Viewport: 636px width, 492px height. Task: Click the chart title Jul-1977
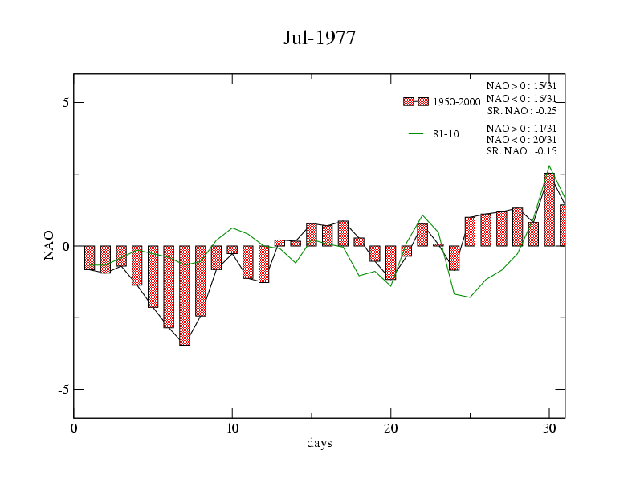[319, 38]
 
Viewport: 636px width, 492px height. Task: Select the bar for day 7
[185, 295]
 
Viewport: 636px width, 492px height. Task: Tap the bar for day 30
[549, 209]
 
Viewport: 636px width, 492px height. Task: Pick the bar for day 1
[90, 257]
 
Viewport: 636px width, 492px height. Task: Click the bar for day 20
[391, 262]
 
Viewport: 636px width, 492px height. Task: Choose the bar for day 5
[153, 277]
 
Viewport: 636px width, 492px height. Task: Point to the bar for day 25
[470, 232]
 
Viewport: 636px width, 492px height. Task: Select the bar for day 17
[343, 233]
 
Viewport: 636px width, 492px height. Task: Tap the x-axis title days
[319, 443]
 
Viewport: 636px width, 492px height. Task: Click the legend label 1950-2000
[456, 102]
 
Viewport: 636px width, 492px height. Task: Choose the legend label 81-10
[446, 134]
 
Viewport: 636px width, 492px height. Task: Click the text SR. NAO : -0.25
[522, 111]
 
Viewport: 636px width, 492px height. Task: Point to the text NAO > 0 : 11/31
[522, 129]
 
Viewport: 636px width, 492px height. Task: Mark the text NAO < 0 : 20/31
[522, 140]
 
